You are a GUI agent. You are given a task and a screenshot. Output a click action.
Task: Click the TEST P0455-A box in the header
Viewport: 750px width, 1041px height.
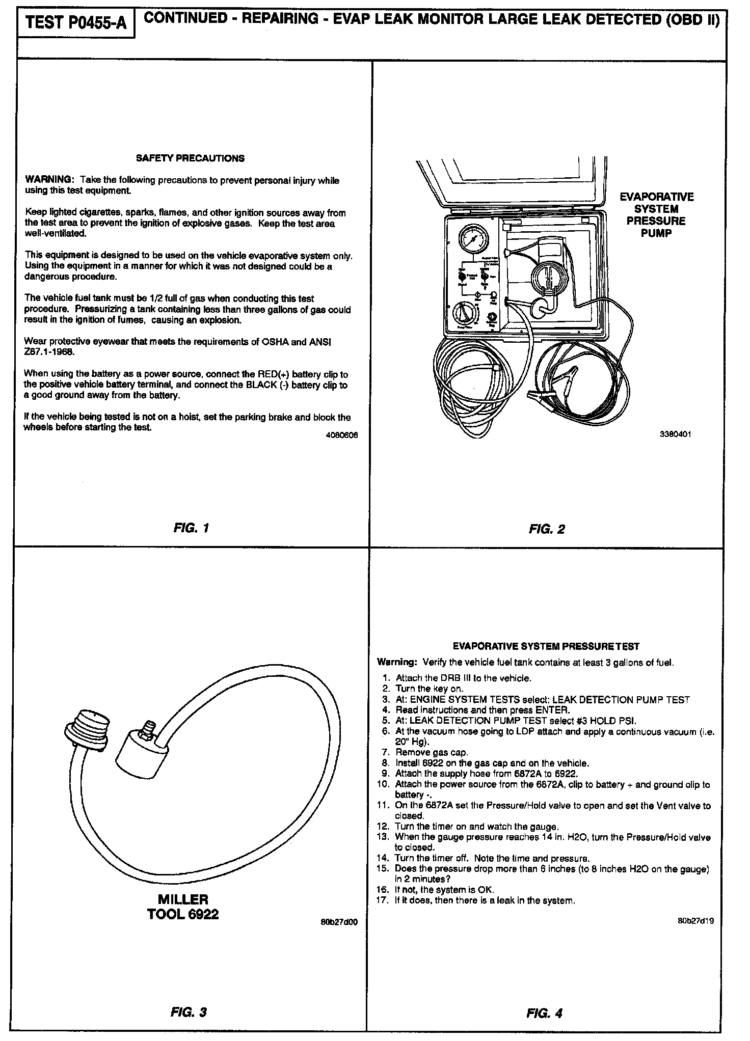(75, 22)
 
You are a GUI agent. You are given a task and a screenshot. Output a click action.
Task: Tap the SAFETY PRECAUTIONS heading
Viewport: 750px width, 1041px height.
(190, 158)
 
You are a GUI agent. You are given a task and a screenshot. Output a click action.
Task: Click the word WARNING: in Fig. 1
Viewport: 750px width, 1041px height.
(49, 180)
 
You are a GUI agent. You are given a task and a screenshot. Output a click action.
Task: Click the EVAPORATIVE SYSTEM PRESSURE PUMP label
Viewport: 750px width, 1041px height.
(656, 215)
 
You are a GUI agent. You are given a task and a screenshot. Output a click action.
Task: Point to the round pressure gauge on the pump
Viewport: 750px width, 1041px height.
(472, 240)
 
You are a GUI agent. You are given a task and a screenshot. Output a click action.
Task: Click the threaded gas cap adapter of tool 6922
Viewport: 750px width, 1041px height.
(87, 728)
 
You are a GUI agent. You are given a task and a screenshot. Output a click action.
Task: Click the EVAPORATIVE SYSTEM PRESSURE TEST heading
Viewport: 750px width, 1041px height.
(546, 646)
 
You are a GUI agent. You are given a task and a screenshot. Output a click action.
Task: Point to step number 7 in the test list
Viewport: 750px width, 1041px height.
(386, 752)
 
